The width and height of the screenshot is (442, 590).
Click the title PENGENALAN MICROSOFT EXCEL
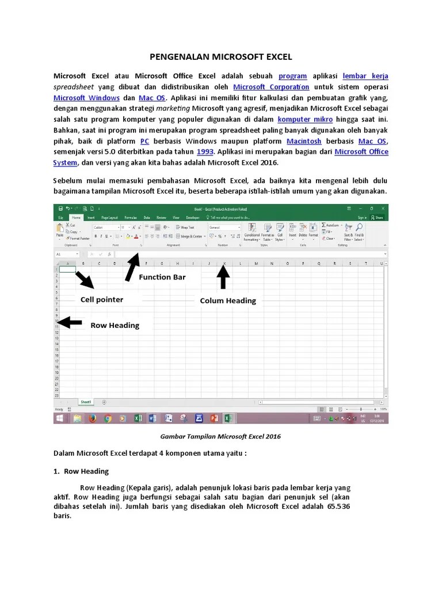click(x=221, y=57)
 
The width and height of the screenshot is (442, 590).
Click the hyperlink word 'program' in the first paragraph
click(x=292, y=76)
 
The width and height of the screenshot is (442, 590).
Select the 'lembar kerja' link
click(x=365, y=76)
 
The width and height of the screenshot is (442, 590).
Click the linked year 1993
click(x=205, y=152)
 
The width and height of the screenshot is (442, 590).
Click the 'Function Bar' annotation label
click(x=162, y=277)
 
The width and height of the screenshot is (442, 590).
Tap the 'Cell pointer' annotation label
click(x=102, y=300)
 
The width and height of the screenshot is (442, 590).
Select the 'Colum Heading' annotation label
click(x=228, y=301)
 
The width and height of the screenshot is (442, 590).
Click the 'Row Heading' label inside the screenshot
click(x=115, y=326)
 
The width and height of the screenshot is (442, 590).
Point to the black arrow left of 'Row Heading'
click(x=68, y=322)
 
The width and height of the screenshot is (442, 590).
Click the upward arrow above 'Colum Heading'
click(x=223, y=277)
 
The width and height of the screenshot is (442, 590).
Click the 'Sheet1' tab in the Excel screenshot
click(x=86, y=402)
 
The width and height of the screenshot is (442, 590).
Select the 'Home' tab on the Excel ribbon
click(x=77, y=218)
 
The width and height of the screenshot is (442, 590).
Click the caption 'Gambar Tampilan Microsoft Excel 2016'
click(x=221, y=437)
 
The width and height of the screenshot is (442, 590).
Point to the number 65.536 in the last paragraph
click(x=336, y=506)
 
